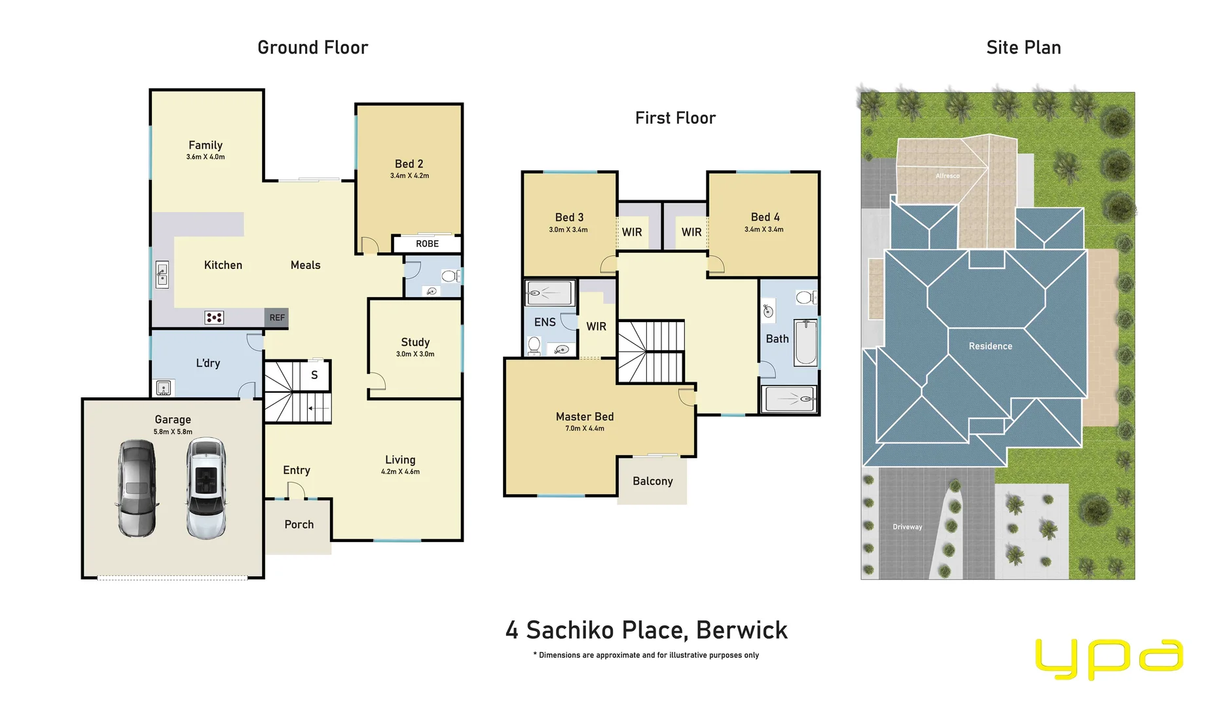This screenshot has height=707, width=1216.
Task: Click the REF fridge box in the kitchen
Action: (x=276, y=317)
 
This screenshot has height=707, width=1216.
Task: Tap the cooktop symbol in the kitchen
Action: (x=214, y=317)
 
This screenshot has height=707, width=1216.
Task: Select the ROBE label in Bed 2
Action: (x=427, y=244)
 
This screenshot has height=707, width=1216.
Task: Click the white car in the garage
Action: (x=206, y=488)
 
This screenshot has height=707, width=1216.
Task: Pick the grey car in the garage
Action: (x=137, y=488)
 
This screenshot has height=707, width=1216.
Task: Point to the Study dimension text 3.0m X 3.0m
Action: (x=415, y=354)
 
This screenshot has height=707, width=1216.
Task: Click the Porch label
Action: (x=299, y=524)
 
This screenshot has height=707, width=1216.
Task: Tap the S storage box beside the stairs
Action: (x=314, y=375)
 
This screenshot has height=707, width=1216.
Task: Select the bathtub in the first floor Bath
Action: (x=805, y=342)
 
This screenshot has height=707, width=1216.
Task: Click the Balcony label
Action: (x=652, y=481)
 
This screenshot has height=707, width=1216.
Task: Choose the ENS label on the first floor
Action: (x=545, y=322)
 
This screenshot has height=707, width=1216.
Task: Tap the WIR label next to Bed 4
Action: (x=691, y=232)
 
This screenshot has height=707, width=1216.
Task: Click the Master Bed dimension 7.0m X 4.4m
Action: (x=585, y=429)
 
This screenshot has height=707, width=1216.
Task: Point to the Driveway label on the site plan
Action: (x=907, y=527)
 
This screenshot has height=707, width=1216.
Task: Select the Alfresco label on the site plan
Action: (x=948, y=175)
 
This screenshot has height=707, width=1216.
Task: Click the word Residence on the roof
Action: (x=990, y=346)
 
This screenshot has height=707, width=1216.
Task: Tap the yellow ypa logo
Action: (x=1109, y=658)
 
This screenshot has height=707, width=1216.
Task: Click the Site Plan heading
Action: (x=1023, y=48)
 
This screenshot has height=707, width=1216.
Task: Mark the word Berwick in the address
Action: (x=741, y=630)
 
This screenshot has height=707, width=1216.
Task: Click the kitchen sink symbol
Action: (x=162, y=274)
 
